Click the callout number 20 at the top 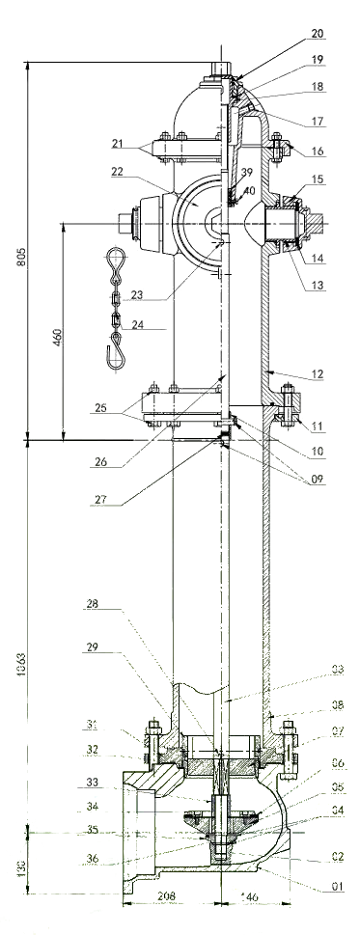(317, 34)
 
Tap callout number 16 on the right (317, 151)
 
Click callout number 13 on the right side (317, 287)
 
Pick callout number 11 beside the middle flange (317, 423)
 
